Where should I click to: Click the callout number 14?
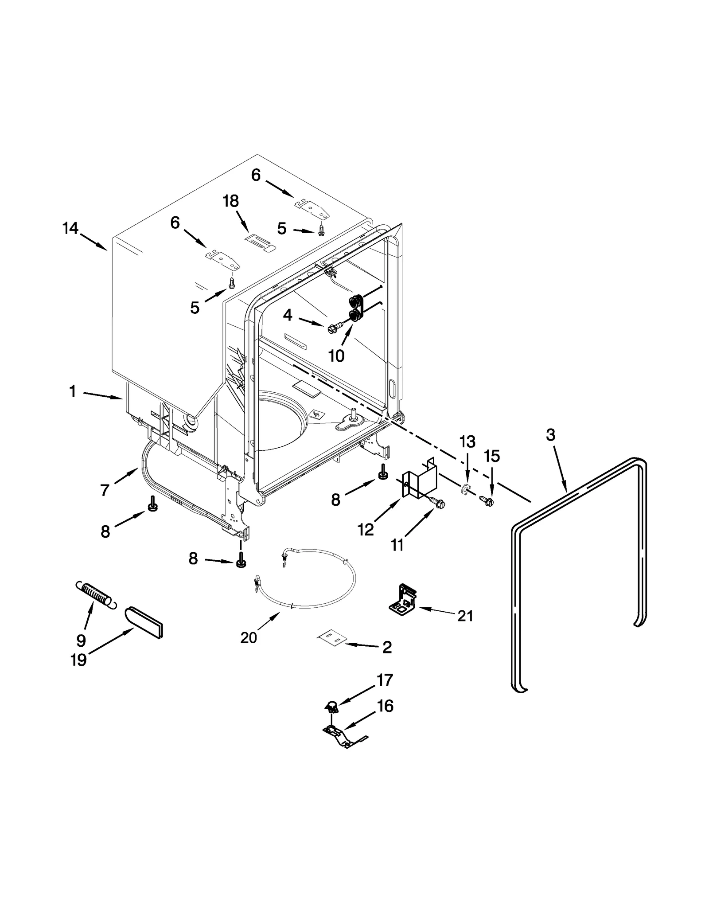(x=70, y=229)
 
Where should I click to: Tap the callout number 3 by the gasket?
(x=550, y=435)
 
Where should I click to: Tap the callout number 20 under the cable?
(x=249, y=637)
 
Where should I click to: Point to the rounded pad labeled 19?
(x=145, y=623)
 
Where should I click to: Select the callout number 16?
(x=385, y=706)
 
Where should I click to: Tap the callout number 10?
(x=336, y=355)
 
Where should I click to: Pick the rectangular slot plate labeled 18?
(x=260, y=242)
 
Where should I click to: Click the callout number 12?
(x=366, y=529)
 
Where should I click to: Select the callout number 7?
(x=105, y=490)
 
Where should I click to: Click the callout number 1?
(x=73, y=391)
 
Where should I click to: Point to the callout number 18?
(x=230, y=201)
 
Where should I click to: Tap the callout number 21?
(x=465, y=616)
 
